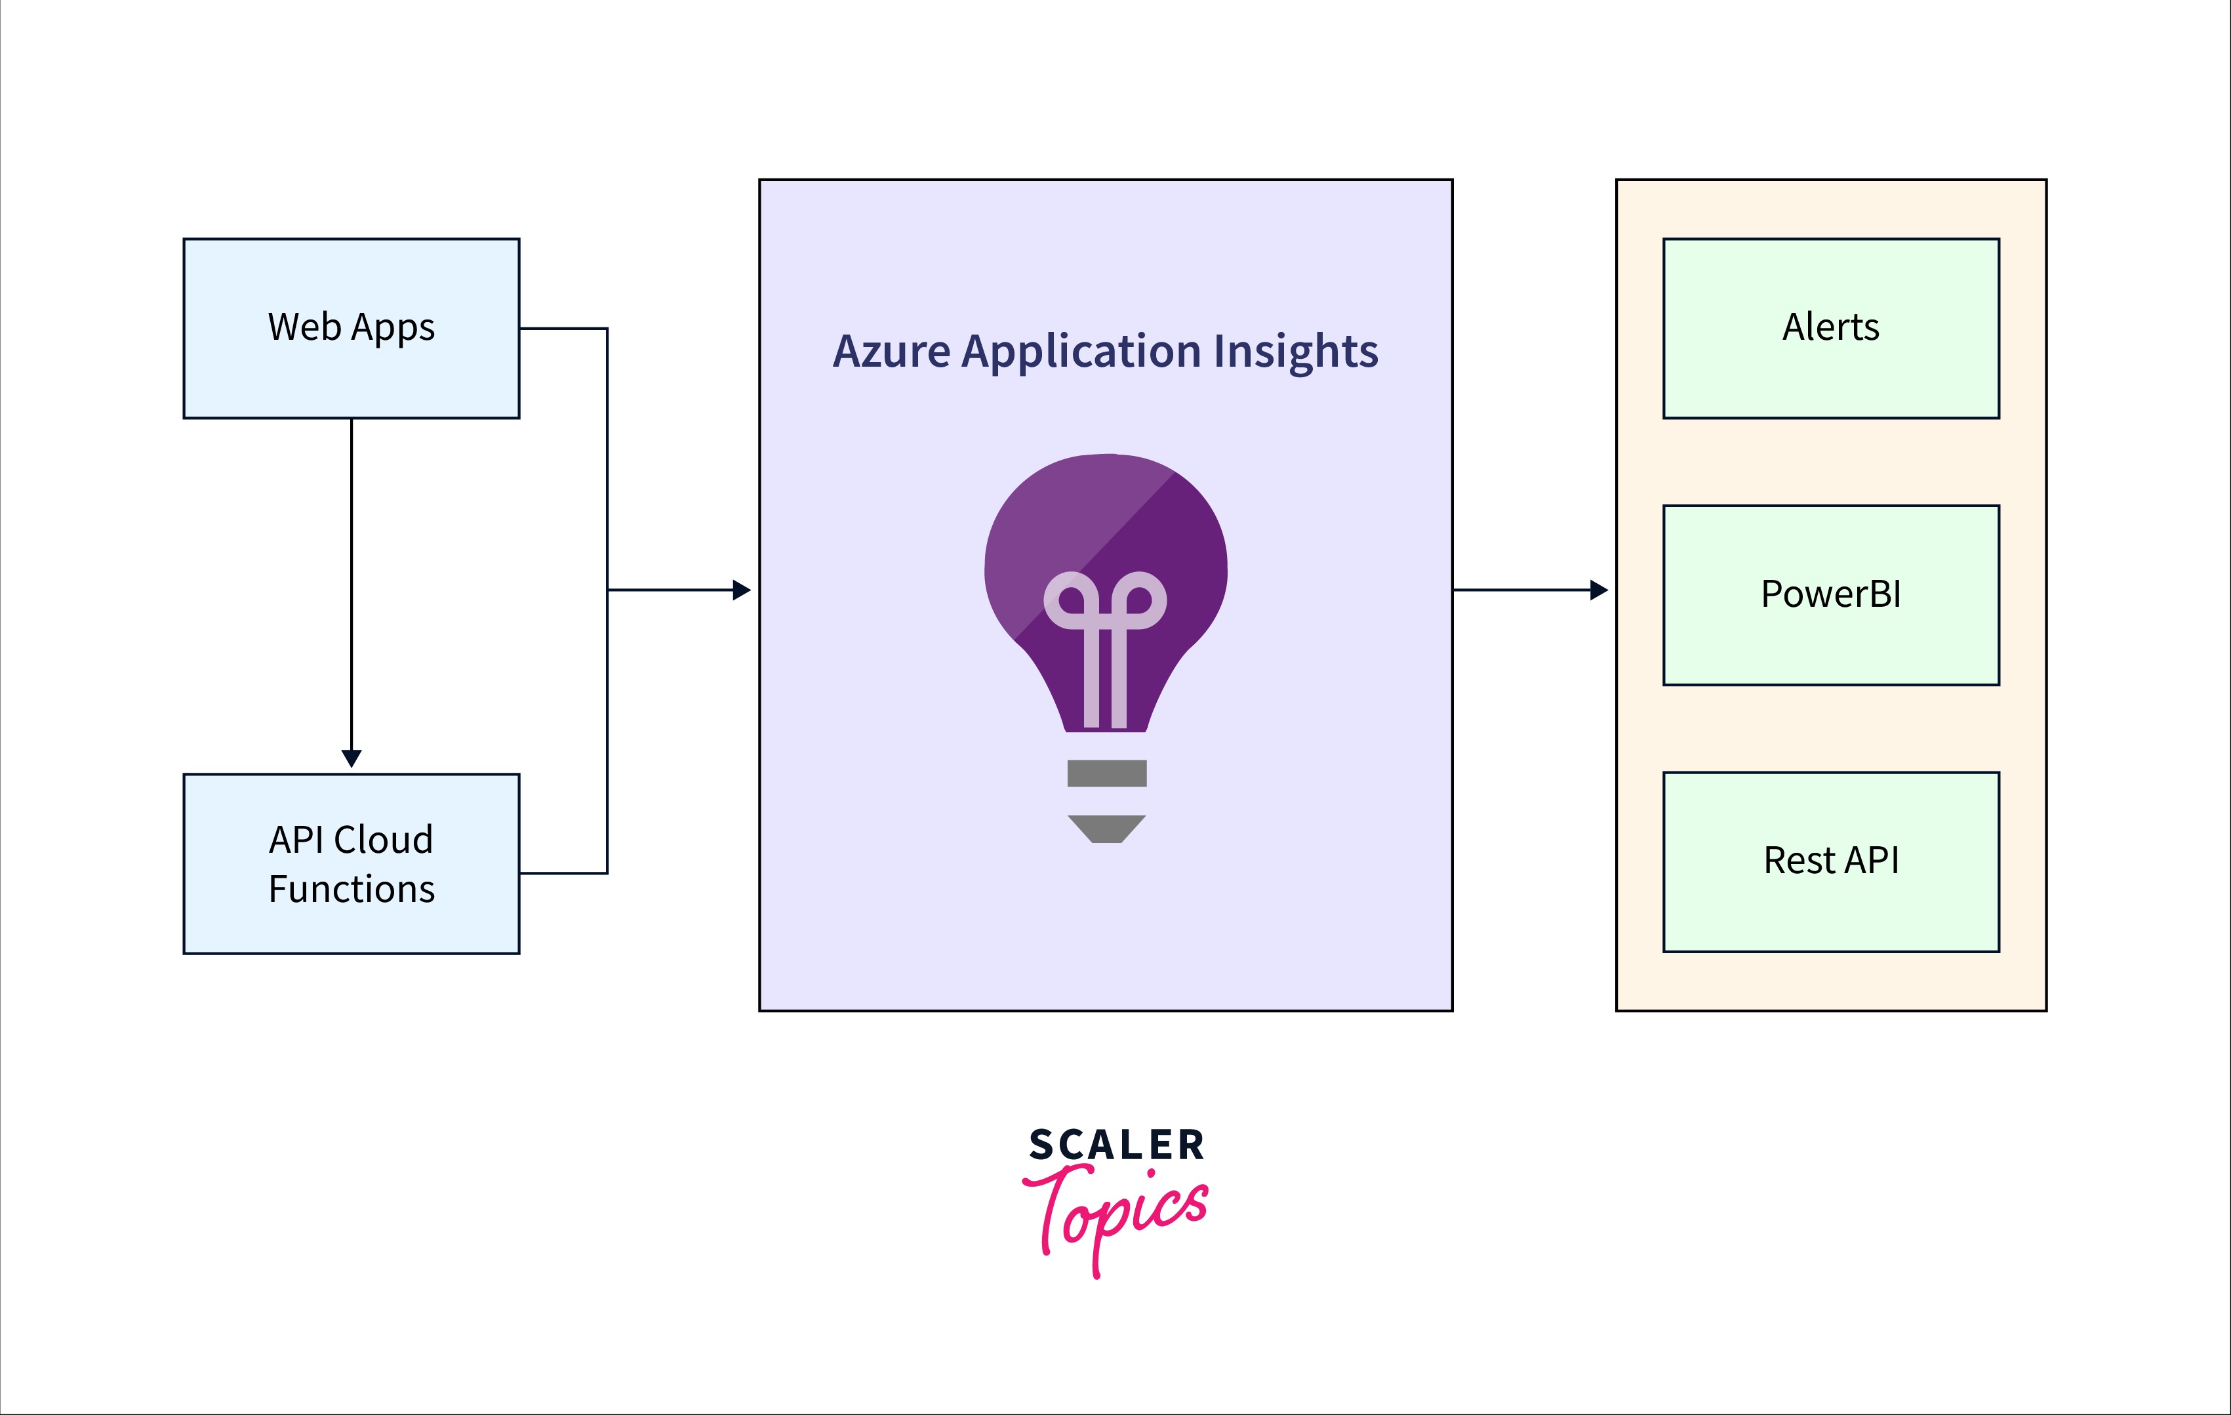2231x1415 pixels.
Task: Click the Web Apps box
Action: pyautogui.click(x=351, y=328)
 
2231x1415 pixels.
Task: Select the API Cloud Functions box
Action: pyautogui.click(x=351, y=864)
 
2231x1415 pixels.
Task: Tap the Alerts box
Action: pyautogui.click(x=1831, y=328)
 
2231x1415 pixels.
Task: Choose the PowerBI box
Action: pyautogui.click(x=1831, y=595)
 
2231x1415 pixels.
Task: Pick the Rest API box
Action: pyautogui.click(x=1831, y=862)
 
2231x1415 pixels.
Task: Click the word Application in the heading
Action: pyautogui.click(x=1082, y=353)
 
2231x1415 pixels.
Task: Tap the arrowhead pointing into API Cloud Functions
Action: pyautogui.click(x=351, y=758)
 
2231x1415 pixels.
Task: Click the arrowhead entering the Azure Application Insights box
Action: pyautogui.click(x=741, y=589)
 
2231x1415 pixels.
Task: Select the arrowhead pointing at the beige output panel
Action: pyautogui.click(x=1598, y=589)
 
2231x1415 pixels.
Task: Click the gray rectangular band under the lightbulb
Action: pyautogui.click(x=1106, y=773)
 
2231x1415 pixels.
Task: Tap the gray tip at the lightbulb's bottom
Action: pyautogui.click(x=1106, y=829)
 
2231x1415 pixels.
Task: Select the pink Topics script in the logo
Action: pyautogui.click(x=1115, y=1220)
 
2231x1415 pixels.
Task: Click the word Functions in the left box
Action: pyautogui.click(x=351, y=889)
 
